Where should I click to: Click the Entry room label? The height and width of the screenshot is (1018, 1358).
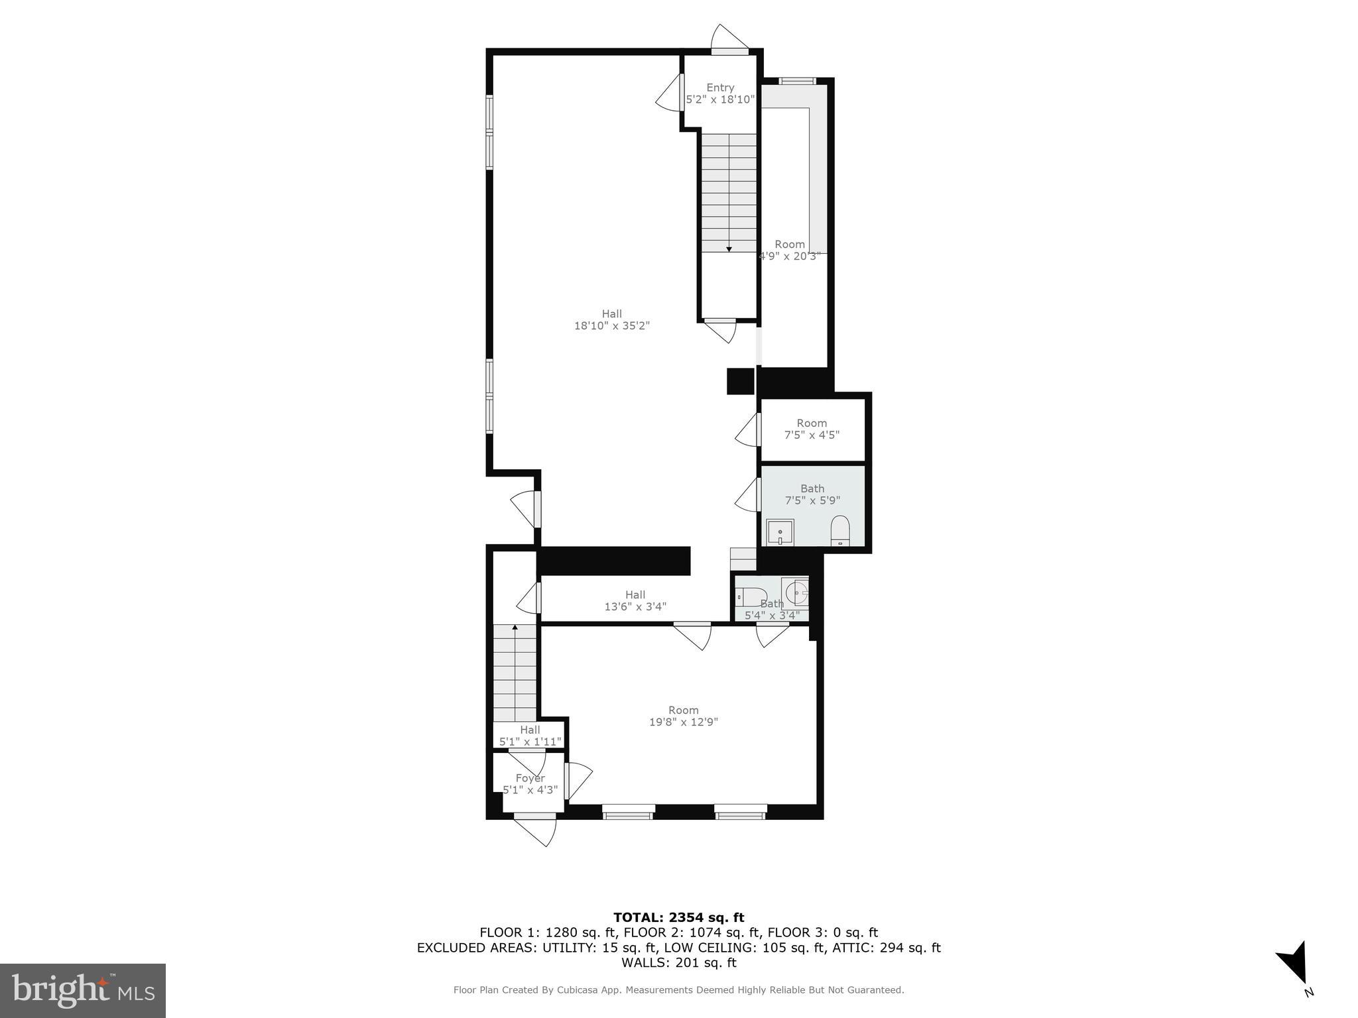pos(720,87)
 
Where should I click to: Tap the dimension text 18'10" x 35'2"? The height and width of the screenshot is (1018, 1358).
pos(611,326)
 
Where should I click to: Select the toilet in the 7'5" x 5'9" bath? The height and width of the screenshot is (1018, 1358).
pos(840,530)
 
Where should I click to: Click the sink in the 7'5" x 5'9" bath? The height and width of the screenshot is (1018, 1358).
pos(780,532)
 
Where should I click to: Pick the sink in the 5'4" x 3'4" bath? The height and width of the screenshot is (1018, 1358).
pos(796,592)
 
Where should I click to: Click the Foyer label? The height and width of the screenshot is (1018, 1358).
pos(530,778)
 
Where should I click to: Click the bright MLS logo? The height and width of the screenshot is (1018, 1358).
pos(83,990)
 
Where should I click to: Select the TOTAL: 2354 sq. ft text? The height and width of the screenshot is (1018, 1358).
pos(678,918)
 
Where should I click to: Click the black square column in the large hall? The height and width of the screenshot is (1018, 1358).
pos(741,381)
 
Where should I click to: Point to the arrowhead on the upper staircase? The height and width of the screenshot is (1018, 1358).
pos(729,249)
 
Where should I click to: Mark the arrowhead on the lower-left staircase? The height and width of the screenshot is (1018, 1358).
pos(515,626)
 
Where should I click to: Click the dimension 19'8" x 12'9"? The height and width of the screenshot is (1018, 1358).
pos(683,722)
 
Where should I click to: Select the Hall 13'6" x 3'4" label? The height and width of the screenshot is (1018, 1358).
pos(635,600)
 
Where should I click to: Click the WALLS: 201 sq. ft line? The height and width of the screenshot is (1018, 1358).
pos(678,963)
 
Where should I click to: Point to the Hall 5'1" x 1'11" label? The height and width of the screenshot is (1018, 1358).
pos(530,736)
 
